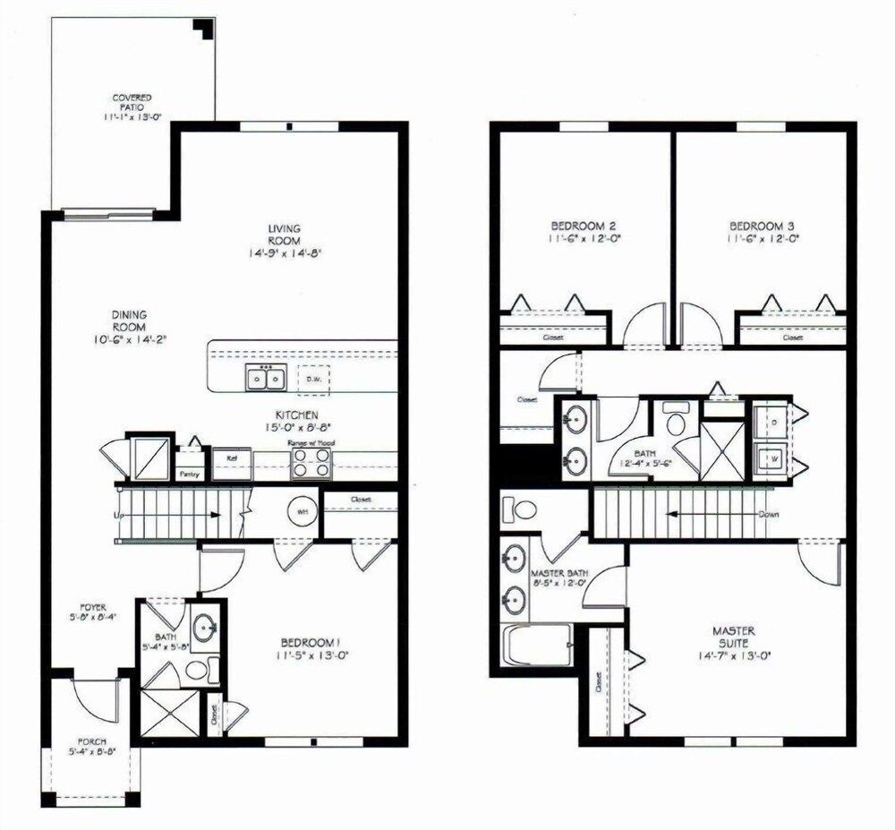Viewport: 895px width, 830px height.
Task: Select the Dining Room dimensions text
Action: (x=130, y=339)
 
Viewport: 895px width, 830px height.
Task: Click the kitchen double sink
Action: (x=265, y=379)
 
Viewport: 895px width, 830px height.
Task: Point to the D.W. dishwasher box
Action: (x=313, y=380)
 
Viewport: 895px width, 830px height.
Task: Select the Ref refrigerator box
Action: (x=231, y=458)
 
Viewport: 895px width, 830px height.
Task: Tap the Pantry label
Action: (x=189, y=474)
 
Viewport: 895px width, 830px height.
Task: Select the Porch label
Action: (x=92, y=742)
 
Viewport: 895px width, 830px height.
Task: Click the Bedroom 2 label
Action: (x=581, y=227)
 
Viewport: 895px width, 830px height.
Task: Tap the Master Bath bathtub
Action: (x=533, y=646)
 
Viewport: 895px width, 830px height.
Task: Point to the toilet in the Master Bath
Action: (x=521, y=511)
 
